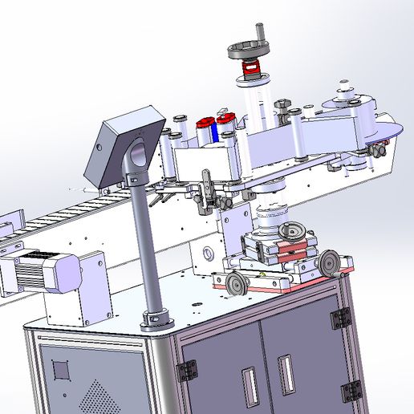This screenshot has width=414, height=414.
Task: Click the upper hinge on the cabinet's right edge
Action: pyautogui.click(x=341, y=319)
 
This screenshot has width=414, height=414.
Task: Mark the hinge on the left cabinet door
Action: pyautogui.click(x=189, y=370)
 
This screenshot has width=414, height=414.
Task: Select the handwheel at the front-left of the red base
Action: pyautogui.click(x=235, y=282)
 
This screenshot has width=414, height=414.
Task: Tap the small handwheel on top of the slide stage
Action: pyautogui.click(x=292, y=233)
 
